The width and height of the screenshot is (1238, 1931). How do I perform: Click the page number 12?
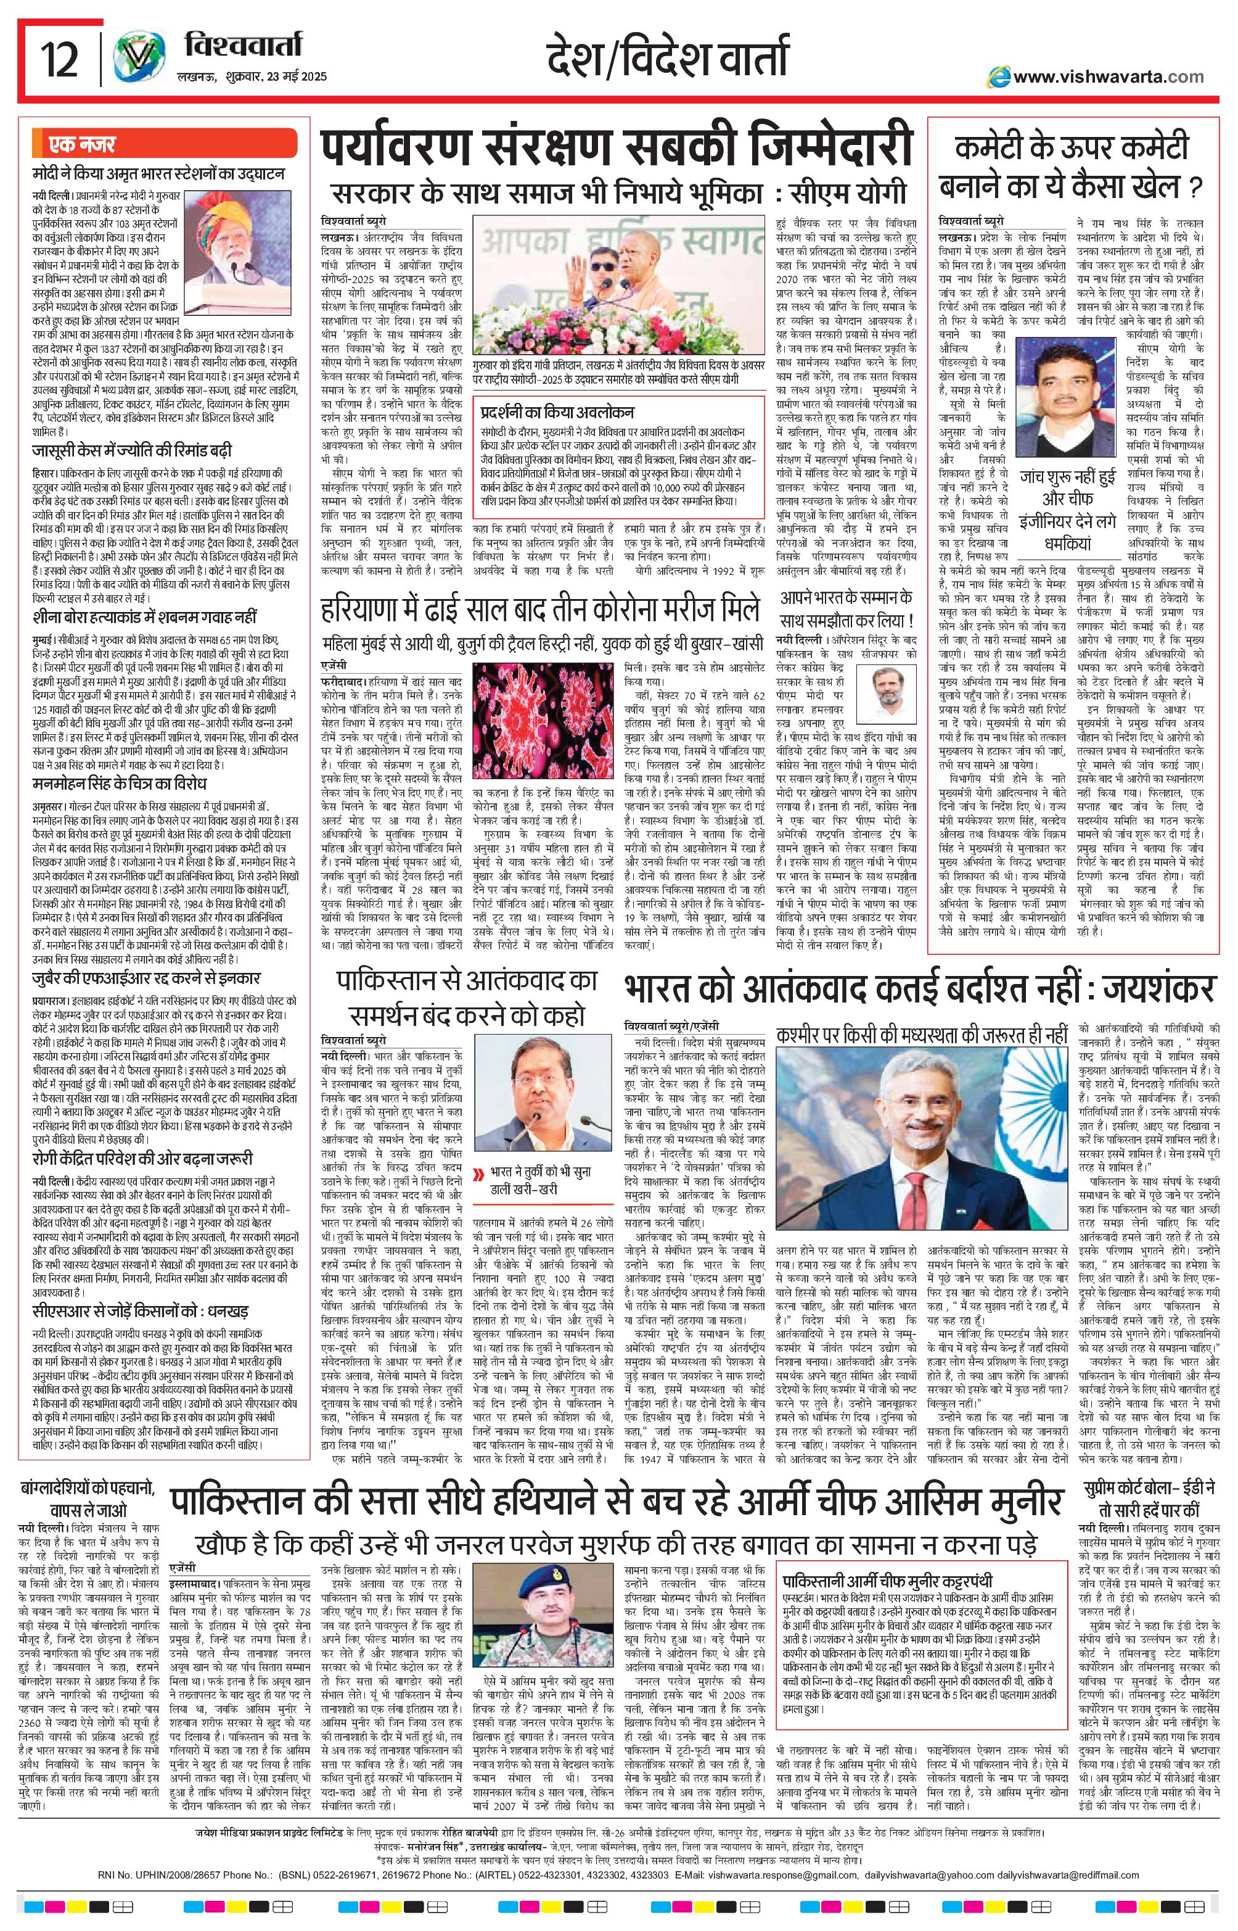coord(60,60)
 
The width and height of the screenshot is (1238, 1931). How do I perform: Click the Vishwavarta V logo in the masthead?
coord(138,60)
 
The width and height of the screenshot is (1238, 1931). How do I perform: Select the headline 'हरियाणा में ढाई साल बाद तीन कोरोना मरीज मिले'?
coord(539,609)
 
